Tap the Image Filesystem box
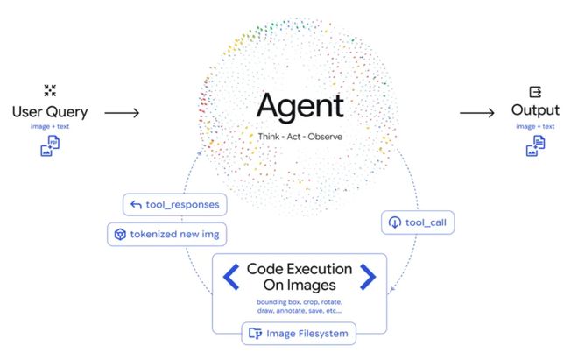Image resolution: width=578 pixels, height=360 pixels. point(300,333)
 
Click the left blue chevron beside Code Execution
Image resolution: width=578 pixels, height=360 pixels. point(230,277)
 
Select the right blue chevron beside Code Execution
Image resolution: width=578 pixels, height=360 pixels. point(369,277)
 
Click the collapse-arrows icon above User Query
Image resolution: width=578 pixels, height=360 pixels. point(49,90)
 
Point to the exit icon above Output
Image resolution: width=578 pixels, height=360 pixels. point(536,90)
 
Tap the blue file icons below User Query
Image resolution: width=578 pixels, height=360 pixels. point(49,146)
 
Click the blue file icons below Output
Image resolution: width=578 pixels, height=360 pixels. point(535,146)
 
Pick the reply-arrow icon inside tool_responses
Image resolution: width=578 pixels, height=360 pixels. point(135,206)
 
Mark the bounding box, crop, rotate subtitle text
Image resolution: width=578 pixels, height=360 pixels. point(300,306)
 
